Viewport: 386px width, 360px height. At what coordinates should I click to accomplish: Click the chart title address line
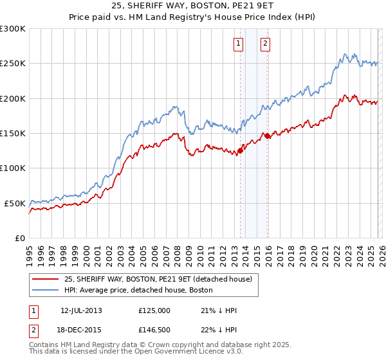(x=193, y=6)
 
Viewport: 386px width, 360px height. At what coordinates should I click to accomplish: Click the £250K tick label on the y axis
(x=13, y=64)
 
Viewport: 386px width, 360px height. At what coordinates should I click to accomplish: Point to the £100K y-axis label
(x=13, y=168)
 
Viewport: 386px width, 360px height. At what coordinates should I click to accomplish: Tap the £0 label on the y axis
(x=19, y=238)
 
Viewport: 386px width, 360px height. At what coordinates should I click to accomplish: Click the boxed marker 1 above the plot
(x=238, y=44)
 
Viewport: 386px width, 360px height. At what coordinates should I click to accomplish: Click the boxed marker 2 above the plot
(x=265, y=44)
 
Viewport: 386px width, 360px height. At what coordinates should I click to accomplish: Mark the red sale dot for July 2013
(x=240, y=151)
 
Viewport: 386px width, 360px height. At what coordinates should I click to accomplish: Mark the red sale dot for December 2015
(x=268, y=136)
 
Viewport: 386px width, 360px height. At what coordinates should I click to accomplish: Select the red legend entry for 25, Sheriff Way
(x=161, y=279)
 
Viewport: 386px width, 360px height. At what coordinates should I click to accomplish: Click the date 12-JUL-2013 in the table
(x=81, y=310)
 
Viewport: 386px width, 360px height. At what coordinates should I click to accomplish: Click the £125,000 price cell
(x=154, y=310)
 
